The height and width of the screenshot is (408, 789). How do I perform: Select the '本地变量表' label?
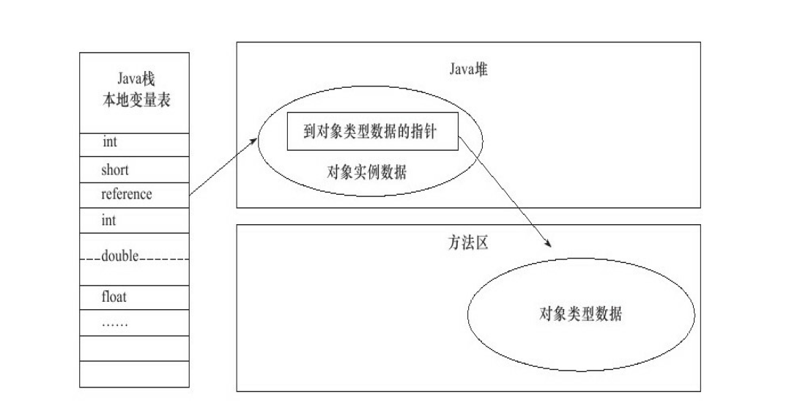pyautogui.click(x=136, y=100)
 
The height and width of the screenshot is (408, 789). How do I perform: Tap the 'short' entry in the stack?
pyautogui.click(x=115, y=170)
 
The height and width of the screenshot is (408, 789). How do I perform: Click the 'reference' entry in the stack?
pyautogui.click(x=127, y=194)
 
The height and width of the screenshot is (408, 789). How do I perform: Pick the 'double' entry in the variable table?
pyautogui.click(x=120, y=256)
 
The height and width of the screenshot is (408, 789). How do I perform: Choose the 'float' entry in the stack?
pyautogui.click(x=114, y=297)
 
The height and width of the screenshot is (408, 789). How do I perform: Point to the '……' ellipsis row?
pyautogui.click(x=114, y=322)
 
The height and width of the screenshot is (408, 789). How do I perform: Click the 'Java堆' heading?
pyautogui.click(x=468, y=70)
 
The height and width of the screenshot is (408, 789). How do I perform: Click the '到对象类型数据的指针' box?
pyautogui.click(x=372, y=131)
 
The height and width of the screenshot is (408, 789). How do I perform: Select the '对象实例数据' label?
pyautogui.click(x=366, y=173)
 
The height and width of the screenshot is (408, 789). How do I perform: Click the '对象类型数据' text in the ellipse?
pyautogui.click(x=580, y=314)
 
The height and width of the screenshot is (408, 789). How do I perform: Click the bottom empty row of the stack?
pyautogui.click(x=134, y=374)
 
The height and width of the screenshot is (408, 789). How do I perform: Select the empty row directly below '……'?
pyautogui.click(x=134, y=348)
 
